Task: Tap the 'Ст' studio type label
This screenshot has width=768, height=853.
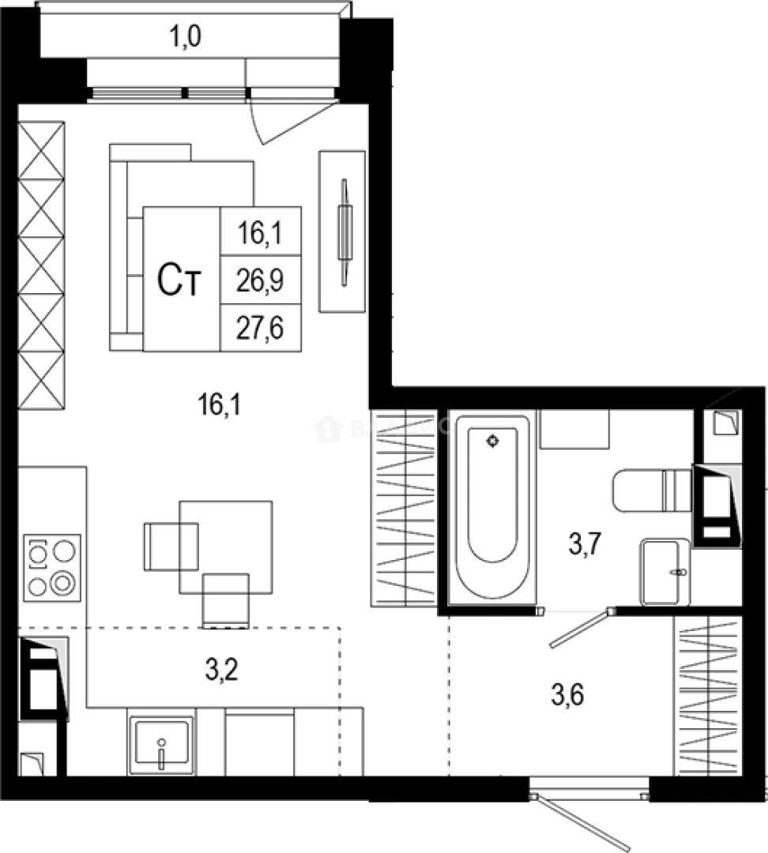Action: pyautogui.click(x=179, y=280)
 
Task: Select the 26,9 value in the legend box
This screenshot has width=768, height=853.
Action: pyautogui.click(x=260, y=279)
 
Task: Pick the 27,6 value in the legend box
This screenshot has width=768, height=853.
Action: pyautogui.click(x=260, y=326)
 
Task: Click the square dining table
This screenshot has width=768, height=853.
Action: pyautogui.click(x=226, y=546)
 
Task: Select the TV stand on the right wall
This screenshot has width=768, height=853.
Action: pyautogui.click(x=343, y=231)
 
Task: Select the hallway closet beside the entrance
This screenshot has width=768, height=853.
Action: pyautogui.click(x=708, y=696)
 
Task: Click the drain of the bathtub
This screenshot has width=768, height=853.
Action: pyautogui.click(x=493, y=441)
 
